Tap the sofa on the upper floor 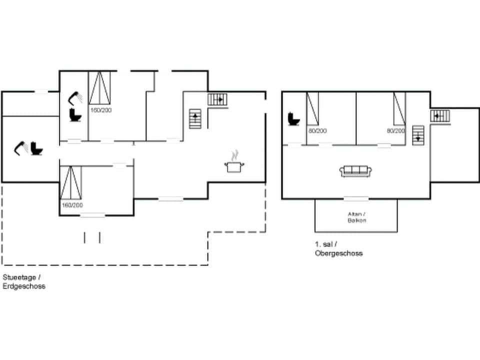pos(356,171)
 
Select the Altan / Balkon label pos(357,217)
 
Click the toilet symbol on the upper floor pos(293,119)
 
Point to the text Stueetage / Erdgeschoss pos(24,281)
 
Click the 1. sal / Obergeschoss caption pos(338,248)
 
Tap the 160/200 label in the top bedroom pos(101,110)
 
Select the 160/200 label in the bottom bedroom pos(72,205)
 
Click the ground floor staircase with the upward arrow pos(195,119)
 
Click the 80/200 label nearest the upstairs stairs pos(396,130)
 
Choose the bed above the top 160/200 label pos(99,88)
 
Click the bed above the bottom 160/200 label pos(71,183)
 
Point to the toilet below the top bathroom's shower pos(75,115)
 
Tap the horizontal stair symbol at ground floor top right pos(217,99)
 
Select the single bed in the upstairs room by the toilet pos(312,108)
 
